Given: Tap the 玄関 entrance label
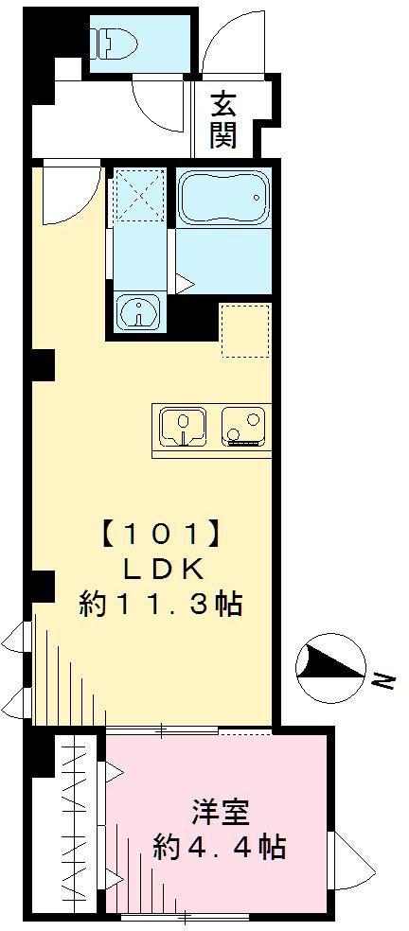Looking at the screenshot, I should [x=223, y=120].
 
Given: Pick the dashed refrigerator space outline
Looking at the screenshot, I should [x=245, y=330].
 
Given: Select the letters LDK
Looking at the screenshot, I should [x=160, y=570].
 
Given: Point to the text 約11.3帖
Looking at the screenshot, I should [x=160, y=605].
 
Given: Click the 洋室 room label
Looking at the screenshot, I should [x=219, y=812].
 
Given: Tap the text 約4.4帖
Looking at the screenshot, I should [x=219, y=845].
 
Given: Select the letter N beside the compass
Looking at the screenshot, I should [x=381, y=678].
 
